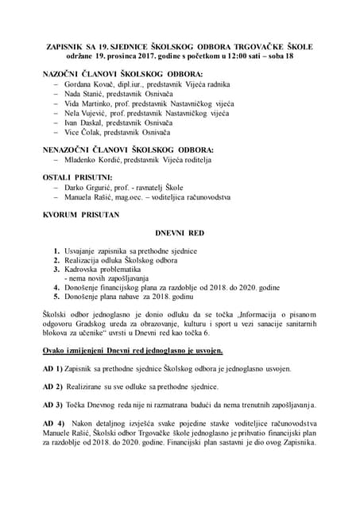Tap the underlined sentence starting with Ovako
[132, 350]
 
